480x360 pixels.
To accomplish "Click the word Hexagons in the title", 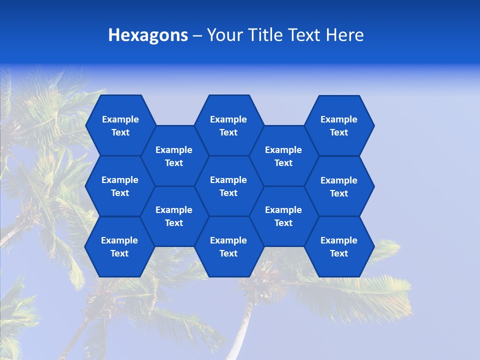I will [148, 35].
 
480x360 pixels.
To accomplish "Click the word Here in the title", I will [344, 35].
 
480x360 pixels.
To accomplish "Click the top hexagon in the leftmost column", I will [120, 125].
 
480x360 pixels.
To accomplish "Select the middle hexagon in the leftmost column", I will [120, 186].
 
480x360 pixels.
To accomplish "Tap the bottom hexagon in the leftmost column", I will [119, 246].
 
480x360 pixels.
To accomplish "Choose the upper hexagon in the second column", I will [174, 156].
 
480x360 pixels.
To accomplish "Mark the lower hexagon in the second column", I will [174, 216].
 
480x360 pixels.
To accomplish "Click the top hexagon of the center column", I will [228, 125].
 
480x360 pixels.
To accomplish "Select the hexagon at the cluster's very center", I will [228, 186].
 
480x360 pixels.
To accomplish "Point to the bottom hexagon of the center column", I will [228, 246].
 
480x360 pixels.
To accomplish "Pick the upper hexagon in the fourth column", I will [283, 156].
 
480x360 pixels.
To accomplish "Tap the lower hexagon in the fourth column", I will [283, 216].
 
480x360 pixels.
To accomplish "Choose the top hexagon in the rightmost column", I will [339, 125].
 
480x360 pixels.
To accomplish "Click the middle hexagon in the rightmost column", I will [339, 186].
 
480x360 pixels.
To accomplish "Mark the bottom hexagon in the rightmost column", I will [339, 246].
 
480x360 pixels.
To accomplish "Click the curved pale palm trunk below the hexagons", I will [243, 325].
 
